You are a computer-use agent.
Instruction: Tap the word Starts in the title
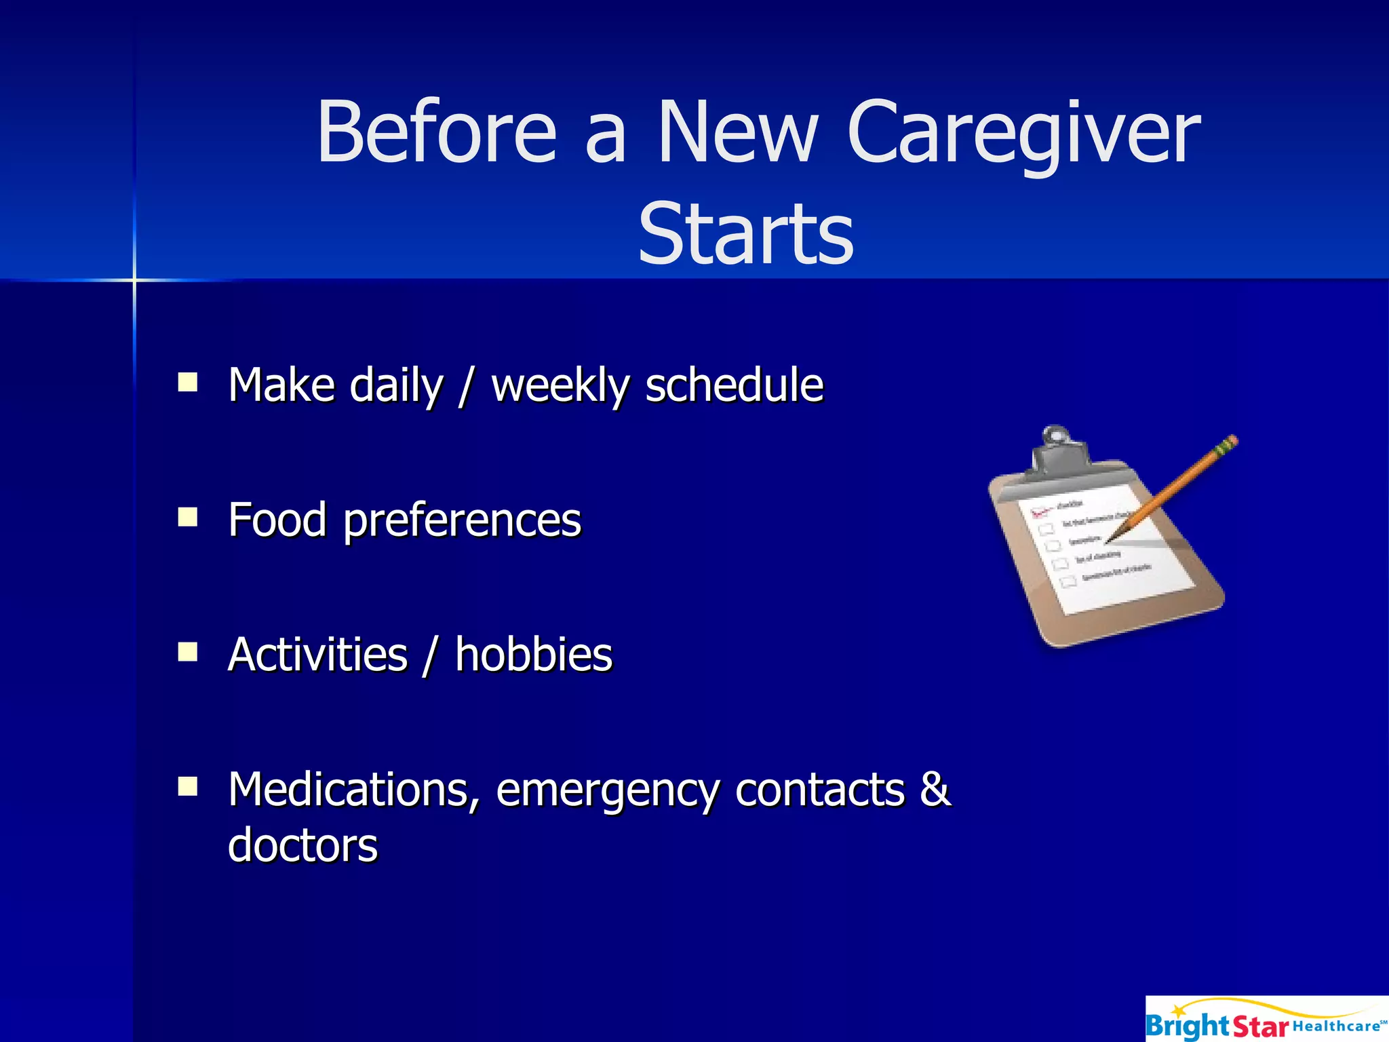[745, 234]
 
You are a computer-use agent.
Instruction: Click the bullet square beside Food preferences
[187, 518]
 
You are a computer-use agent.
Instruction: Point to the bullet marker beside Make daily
[187, 383]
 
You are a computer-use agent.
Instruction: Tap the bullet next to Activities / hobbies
[187, 652]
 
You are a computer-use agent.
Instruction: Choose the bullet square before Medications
[187, 787]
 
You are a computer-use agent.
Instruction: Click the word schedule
[734, 385]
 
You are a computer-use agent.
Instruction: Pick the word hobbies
[533, 655]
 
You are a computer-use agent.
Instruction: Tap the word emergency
[607, 791]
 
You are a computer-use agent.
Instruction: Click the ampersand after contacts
[935, 789]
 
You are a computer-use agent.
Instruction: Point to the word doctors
[302, 846]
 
